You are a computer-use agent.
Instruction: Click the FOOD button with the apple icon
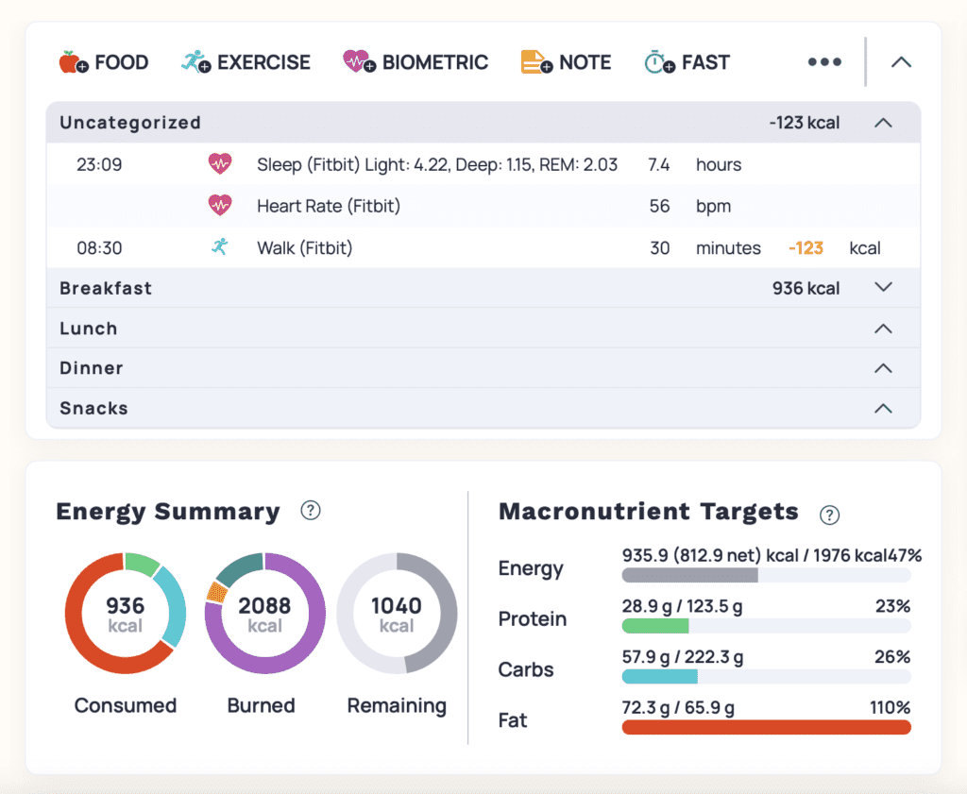[104, 63]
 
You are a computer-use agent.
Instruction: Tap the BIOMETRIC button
[416, 63]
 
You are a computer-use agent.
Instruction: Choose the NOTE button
[566, 63]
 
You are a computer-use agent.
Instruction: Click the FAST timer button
[687, 63]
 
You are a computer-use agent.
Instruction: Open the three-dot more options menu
[824, 62]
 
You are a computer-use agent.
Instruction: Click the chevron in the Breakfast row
[883, 287]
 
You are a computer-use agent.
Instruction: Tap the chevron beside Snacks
[883, 409]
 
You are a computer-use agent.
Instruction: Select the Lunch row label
[89, 329]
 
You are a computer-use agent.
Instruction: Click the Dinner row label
[92, 368]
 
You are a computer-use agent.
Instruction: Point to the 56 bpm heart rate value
[660, 207]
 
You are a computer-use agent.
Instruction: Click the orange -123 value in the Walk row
[806, 248]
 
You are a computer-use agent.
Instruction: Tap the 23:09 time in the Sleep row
[99, 165]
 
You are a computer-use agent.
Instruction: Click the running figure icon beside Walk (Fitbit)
[220, 247]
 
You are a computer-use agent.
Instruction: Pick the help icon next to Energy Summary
[310, 511]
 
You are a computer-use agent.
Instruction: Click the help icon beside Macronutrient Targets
[829, 515]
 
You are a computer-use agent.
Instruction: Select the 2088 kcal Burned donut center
[264, 614]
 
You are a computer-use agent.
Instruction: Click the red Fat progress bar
[766, 727]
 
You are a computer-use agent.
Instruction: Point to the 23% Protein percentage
[892, 606]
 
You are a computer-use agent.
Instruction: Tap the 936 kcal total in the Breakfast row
[806, 288]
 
